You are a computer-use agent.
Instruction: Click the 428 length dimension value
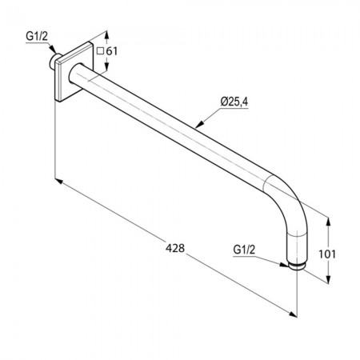pos(175,248)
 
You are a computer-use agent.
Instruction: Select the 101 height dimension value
pos(327,254)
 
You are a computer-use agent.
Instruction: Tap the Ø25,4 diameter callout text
pos(234,102)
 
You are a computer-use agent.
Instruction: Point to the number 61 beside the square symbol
pos(111,51)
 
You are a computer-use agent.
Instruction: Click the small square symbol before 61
pos(100,51)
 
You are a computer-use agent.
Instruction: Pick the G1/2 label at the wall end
pos(37,36)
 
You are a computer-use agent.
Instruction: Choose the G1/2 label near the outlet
pos(244,250)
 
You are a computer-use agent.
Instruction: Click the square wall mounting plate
pos(74,71)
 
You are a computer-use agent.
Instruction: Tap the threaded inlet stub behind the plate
pos(53,62)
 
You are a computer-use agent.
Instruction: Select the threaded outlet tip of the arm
pos(296,267)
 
